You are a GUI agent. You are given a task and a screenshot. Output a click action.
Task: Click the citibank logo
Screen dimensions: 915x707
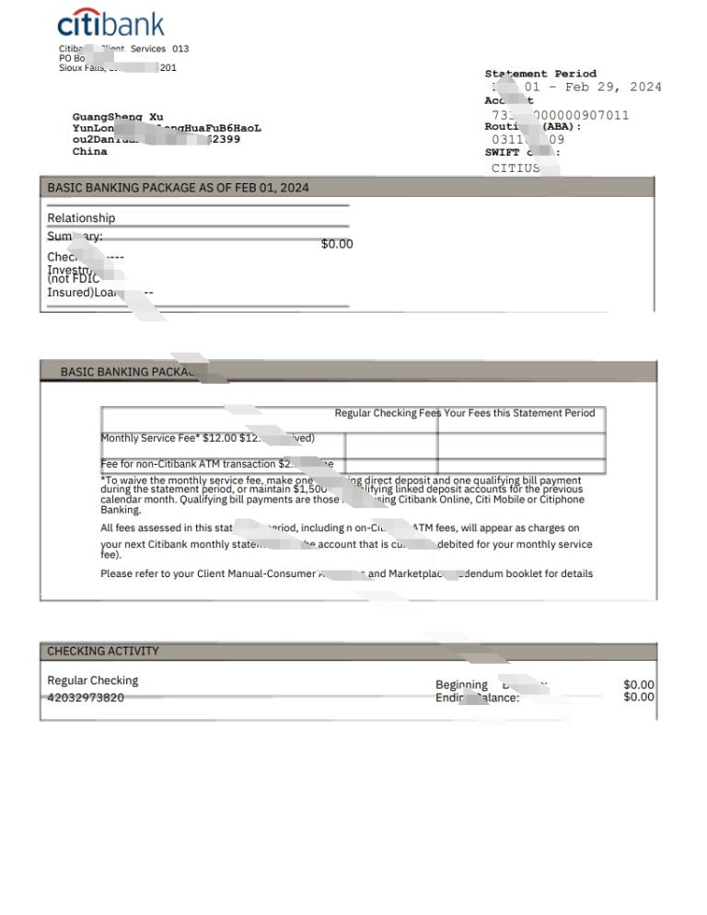pos(110,24)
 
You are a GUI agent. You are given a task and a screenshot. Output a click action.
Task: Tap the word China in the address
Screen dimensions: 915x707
pos(89,152)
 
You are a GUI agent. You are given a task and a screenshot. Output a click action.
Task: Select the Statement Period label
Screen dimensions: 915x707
pos(540,74)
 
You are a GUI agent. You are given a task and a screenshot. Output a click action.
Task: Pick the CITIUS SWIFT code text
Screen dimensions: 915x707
pos(516,168)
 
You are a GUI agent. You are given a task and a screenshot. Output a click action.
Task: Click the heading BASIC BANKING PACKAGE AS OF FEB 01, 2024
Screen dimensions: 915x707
pos(178,188)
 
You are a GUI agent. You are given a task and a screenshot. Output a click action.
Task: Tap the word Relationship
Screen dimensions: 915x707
pos(81,218)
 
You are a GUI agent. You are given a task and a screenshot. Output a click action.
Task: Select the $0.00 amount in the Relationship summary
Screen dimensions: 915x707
pos(336,244)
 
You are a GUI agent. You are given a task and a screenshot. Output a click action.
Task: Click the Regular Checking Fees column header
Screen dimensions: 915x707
pos(388,413)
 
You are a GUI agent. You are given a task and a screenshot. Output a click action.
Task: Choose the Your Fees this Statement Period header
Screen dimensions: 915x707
pos(519,413)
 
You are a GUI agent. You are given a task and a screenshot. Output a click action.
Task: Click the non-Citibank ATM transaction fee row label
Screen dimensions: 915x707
pos(189,464)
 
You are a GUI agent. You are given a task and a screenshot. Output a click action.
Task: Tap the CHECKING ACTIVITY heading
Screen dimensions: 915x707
pos(103,651)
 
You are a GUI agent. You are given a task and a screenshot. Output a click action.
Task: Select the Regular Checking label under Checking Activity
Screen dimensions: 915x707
pos(92,680)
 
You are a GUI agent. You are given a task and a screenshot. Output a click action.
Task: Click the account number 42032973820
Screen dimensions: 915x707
pos(86,698)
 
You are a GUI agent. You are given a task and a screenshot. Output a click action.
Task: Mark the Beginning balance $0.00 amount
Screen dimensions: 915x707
pos(638,685)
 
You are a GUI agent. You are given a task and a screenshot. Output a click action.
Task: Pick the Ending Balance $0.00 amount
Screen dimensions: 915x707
pos(638,698)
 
